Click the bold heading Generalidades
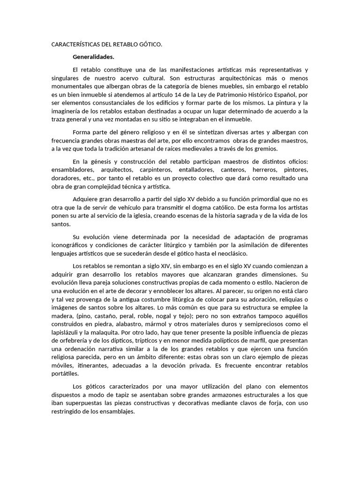(93, 57)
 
